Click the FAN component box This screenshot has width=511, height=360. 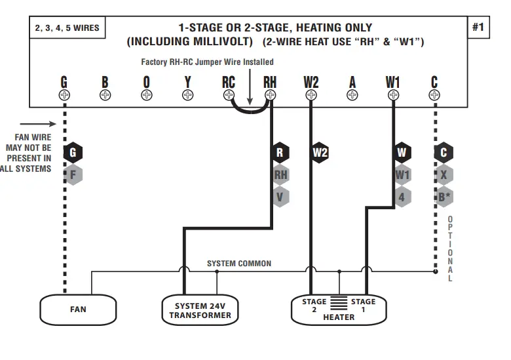point(78,309)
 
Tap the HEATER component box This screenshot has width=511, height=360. point(339,309)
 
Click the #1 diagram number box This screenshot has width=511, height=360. point(478,28)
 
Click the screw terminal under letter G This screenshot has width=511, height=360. point(64,95)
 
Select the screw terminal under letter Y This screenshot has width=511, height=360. point(187,95)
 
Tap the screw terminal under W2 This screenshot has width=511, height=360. point(311,95)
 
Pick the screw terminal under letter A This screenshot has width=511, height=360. point(352,95)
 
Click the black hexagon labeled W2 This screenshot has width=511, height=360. point(320,153)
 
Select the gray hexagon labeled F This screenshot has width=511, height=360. point(73,174)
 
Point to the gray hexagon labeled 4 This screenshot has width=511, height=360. point(402,196)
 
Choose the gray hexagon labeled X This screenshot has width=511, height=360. point(444,174)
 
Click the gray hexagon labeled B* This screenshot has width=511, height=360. point(444,196)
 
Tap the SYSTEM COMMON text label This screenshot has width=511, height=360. point(239,264)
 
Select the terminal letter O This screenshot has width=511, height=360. point(146,82)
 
